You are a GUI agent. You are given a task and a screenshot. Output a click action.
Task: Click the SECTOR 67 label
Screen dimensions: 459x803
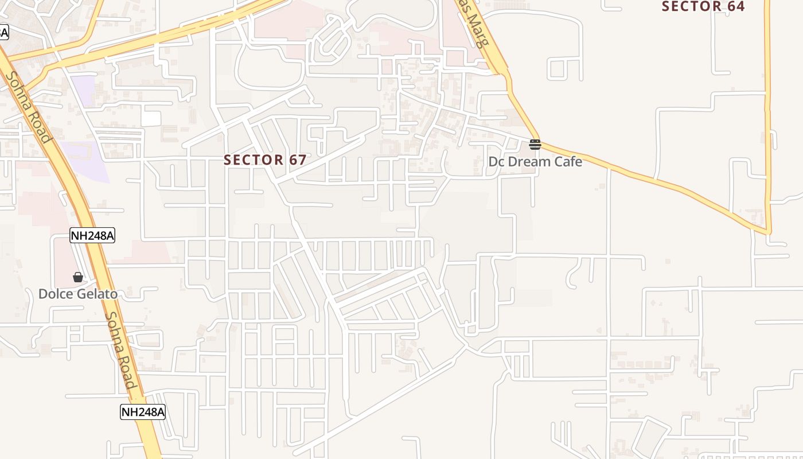[265, 160]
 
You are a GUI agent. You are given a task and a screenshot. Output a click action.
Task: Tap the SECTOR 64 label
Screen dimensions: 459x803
[703, 6]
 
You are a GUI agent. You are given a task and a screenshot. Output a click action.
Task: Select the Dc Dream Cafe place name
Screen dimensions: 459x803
[535, 162]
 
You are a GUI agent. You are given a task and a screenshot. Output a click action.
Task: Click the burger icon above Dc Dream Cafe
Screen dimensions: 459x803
[535, 145]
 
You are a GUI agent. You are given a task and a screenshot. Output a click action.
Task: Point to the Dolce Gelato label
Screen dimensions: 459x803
[78, 294]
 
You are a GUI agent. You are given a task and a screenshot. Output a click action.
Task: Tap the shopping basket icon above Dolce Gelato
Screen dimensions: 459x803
[78, 278]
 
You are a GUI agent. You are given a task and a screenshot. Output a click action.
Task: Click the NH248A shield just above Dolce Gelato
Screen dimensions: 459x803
[92, 235]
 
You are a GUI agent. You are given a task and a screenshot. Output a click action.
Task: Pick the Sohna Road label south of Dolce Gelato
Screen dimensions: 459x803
[121, 350]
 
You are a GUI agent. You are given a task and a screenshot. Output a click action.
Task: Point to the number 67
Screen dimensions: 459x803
[298, 160]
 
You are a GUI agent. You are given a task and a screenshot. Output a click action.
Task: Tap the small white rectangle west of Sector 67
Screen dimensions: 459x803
[151, 119]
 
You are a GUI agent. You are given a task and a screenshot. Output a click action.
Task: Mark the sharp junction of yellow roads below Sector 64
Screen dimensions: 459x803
[767, 232]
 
